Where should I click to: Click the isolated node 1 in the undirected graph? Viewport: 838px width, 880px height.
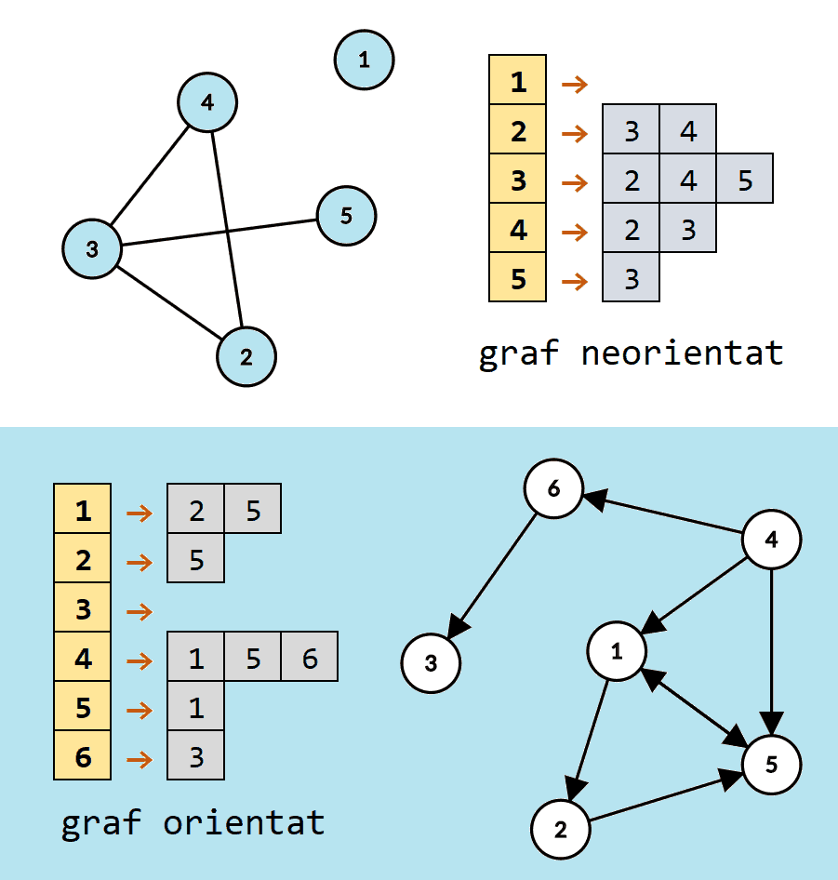tap(364, 60)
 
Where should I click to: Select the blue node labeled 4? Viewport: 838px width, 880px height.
tap(207, 102)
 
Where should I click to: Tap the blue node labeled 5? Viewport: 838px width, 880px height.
tap(346, 216)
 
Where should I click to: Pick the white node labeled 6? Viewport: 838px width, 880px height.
tap(552, 488)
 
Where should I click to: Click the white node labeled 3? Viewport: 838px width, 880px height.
tap(431, 663)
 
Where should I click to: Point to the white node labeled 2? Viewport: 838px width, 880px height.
tap(561, 829)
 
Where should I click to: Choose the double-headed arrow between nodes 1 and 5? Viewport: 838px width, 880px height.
tap(695, 707)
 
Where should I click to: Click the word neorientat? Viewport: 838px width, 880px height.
tap(682, 353)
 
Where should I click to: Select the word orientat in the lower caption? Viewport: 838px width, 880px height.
tap(244, 823)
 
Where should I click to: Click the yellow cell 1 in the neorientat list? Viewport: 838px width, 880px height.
tap(517, 82)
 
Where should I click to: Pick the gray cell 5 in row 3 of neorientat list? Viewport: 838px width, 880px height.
tap(745, 180)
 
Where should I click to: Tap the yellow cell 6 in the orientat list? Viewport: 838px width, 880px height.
tap(83, 756)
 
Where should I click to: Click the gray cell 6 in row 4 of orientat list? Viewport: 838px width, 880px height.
tap(309, 659)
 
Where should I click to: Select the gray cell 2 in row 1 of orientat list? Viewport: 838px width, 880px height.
tap(195, 511)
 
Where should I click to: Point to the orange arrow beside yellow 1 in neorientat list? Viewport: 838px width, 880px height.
tap(575, 84)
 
